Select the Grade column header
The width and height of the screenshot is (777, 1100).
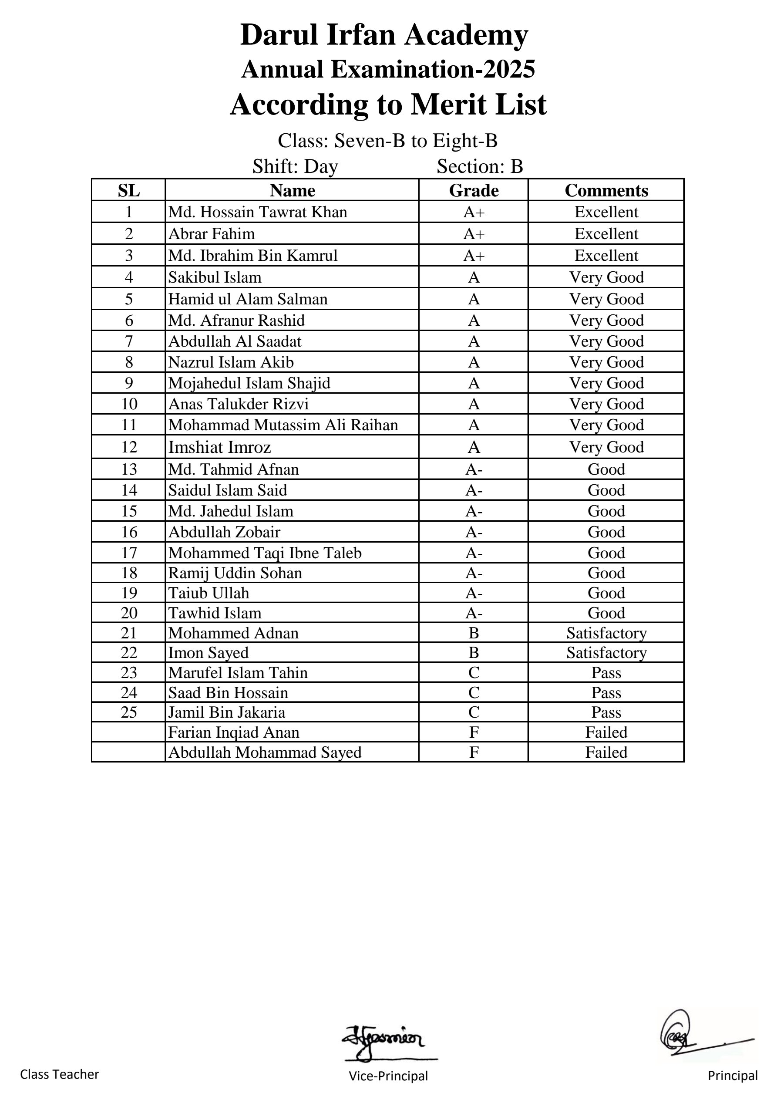coord(473,191)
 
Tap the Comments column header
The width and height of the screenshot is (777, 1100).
coord(606,191)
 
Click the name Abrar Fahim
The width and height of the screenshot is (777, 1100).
coord(211,234)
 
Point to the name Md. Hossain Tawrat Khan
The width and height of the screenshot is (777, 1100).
coord(257,212)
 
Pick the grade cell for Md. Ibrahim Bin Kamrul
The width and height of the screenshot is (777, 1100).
coord(473,256)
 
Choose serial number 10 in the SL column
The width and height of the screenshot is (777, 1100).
coord(129,404)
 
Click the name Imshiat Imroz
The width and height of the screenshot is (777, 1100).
coord(219,447)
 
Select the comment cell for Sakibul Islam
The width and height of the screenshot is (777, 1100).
coord(606,277)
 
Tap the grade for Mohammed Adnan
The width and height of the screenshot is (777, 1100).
coord(473,633)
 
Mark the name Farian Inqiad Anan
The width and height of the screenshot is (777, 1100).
coord(233,732)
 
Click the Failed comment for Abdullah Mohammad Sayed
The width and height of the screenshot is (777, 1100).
coord(606,752)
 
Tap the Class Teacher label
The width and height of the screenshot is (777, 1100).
coord(59,1075)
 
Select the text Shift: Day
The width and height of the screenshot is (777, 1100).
coord(295,166)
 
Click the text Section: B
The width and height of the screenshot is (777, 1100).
coord(480,166)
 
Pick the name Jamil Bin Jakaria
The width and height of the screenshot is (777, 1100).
coord(227,712)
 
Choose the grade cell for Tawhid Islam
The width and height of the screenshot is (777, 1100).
coord(473,613)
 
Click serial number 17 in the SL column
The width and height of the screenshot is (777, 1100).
coord(129,553)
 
